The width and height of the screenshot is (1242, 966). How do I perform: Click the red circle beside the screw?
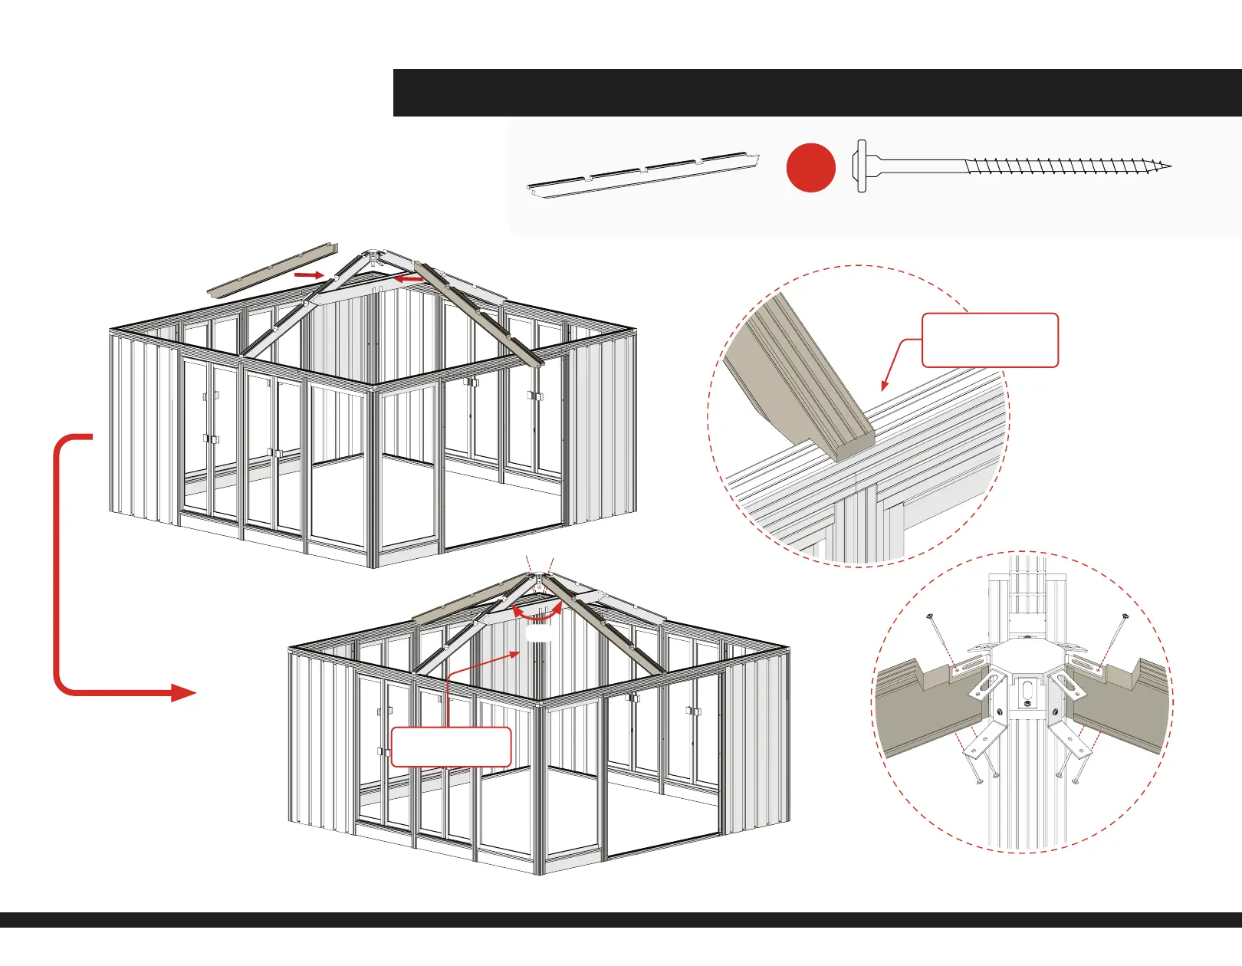point(810,167)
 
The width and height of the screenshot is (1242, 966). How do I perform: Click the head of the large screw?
point(861,166)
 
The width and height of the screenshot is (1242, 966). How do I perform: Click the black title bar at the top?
point(816,93)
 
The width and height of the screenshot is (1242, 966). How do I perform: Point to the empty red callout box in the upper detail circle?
point(989,340)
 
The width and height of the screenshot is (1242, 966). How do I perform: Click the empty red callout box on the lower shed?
point(451,747)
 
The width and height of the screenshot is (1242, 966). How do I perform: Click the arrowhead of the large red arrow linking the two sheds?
point(183,693)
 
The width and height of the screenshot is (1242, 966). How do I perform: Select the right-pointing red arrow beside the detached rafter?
point(309,274)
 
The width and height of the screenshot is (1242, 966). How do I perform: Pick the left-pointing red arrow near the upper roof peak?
point(408,280)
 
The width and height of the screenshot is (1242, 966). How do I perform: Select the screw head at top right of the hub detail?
point(1126,616)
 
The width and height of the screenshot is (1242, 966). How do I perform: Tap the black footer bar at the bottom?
point(621,920)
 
